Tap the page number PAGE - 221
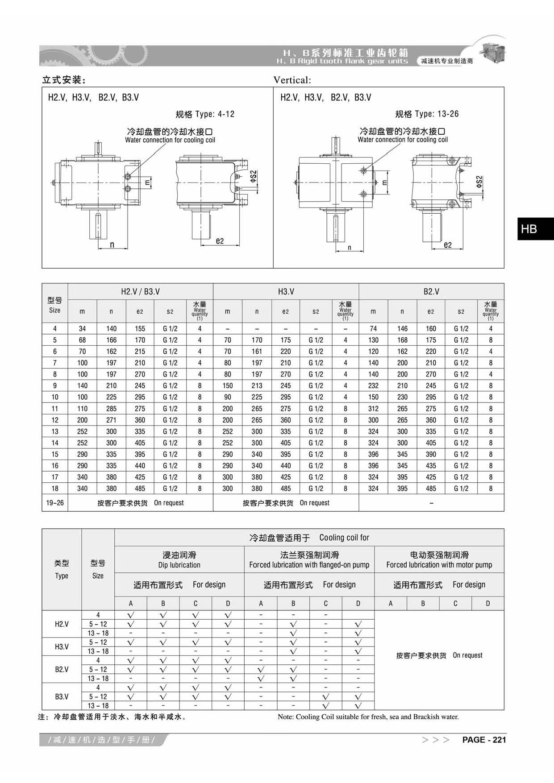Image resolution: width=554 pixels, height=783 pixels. (484, 740)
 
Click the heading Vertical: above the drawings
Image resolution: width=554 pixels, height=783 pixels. (292, 80)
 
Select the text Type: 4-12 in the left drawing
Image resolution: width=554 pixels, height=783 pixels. (215, 114)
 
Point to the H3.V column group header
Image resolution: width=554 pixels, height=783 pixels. (286, 291)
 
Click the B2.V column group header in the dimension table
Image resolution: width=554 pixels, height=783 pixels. (431, 291)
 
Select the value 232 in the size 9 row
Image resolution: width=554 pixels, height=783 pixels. (373, 385)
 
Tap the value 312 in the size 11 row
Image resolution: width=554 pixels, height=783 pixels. (373, 408)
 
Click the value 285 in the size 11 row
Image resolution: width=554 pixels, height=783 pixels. (111, 408)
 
